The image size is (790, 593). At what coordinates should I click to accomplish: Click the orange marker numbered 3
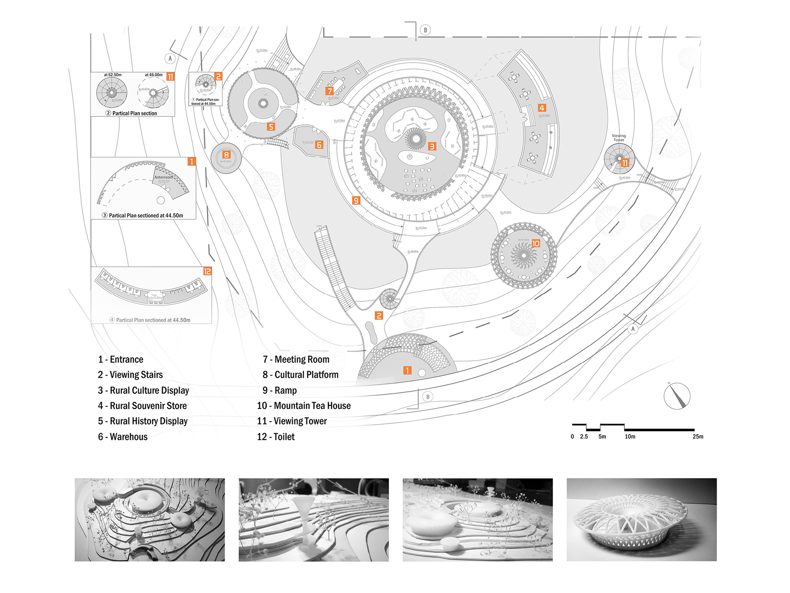point(432,146)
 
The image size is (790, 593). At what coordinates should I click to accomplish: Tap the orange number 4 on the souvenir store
point(542,108)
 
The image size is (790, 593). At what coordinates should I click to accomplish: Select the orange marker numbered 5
point(270,126)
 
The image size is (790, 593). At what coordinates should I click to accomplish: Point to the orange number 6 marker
point(319,145)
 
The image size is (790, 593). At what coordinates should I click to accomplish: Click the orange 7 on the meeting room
point(330,91)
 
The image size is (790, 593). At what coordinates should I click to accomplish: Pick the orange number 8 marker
point(226,154)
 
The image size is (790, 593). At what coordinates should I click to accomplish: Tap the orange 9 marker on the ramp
point(356,201)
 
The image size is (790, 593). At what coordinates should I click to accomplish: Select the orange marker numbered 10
point(535,243)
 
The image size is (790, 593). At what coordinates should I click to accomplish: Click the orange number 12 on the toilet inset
point(207,271)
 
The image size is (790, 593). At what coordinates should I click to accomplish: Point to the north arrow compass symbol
point(677,396)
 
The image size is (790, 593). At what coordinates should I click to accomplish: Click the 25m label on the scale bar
point(697,437)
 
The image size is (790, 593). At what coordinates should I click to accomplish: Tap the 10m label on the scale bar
point(630,437)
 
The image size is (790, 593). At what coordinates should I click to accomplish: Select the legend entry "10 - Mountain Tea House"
point(304,406)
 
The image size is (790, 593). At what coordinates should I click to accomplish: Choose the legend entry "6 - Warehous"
point(123,437)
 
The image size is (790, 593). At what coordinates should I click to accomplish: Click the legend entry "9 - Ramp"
point(279,390)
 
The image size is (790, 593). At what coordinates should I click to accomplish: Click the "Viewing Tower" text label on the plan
point(618,138)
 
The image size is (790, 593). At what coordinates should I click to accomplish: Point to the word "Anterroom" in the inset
point(163,177)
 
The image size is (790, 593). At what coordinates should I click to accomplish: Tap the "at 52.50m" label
point(112,75)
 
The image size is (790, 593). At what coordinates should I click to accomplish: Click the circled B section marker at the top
point(425,30)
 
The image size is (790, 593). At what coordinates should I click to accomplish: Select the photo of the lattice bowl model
point(641,519)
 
